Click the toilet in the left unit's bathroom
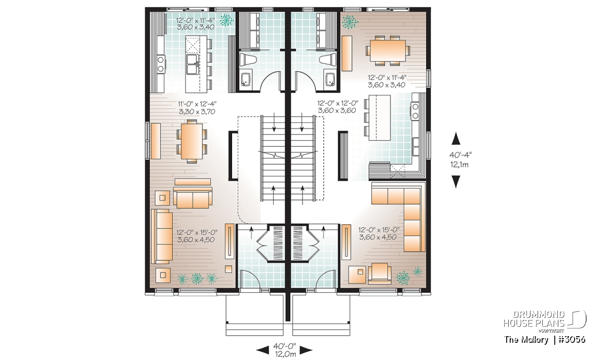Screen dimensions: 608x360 point(247,59)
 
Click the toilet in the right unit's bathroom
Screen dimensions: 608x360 point(328,59)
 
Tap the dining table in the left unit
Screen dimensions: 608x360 point(192,141)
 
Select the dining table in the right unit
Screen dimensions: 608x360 point(388,51)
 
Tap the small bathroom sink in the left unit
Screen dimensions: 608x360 point(246,79)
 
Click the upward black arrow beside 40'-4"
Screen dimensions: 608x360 point(455,138)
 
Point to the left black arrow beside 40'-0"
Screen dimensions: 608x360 point(263,350)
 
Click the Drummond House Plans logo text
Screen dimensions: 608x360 point(534,319)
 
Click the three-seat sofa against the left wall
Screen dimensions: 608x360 point(162,236)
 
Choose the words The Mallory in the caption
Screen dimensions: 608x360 point(526,340)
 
